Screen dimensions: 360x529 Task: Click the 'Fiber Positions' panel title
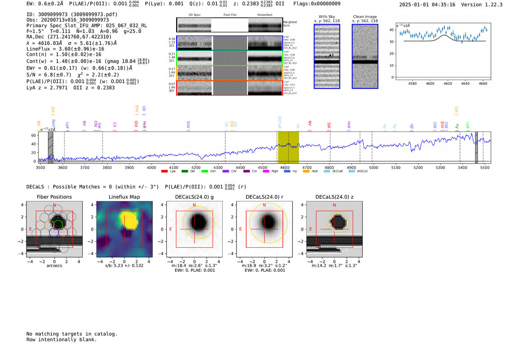pyautogui.click(x=54, y=197)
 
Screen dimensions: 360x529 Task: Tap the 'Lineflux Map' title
pyautogui.click(x=124, y=197)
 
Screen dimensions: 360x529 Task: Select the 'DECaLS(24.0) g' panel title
pyautogui.click(x=194, y=197)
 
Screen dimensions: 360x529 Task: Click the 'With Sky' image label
pyautogui.click(x=327, y=17)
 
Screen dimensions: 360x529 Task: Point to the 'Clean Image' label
pyautogui.click(x=365, y=17)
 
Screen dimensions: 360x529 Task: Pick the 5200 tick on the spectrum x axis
pyautogui.click(x=418, y=167)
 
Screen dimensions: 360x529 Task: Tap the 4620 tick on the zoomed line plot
pyautogui.click(x=448, y=83)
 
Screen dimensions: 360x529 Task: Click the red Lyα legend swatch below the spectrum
pyautogui.click(x=164, y=172)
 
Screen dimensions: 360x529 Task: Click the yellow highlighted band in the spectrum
pyautogui.click(x=288, y=147)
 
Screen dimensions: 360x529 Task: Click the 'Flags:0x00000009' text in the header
pyautogui.click(x=317, y=4)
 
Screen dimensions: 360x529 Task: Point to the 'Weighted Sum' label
pyautogui.click(x=290, y=24)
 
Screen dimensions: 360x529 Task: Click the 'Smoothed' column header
pyautogui.click(x=265, y=15)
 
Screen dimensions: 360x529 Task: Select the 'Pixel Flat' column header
pyautogui.click(x=230, y=15)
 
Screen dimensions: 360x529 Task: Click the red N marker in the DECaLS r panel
pyautogui.click(x=264, y=205)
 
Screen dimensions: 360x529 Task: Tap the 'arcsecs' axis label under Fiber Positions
pyautogui.click(x=54, y=266)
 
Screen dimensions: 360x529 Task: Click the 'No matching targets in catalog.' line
pyautogui.click(x=72, y=334)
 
